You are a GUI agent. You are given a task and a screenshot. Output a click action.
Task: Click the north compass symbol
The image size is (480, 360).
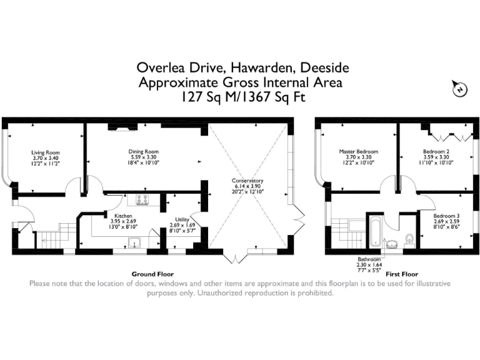coord(460,91)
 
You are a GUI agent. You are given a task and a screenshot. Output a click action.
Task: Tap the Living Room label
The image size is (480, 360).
coord(45,152)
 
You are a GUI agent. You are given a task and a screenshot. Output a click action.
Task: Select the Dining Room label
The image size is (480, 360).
coord(144,151)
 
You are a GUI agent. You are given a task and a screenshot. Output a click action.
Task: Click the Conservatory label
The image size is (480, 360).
coord(248,181)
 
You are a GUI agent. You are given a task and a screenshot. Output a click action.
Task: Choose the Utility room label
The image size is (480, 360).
coord(182,219)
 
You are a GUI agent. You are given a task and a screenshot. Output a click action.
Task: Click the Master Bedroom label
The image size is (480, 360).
coord(358,151)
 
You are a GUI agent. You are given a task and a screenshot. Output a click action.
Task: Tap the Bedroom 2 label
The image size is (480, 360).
coord(436,151)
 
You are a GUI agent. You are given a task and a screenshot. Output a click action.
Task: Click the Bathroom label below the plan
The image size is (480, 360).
coord(369,259)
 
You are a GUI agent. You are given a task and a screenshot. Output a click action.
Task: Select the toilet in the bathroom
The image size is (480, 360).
coord(409,238)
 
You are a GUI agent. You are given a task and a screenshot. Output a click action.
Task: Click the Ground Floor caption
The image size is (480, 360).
coord(152,274)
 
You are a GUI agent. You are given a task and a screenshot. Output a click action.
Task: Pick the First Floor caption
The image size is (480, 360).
coord(401,274)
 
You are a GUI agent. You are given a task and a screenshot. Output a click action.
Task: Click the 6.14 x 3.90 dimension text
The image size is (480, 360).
coord(248,187)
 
